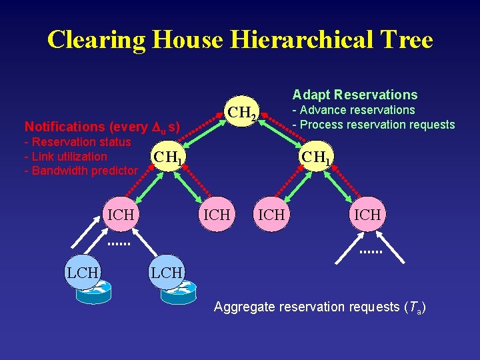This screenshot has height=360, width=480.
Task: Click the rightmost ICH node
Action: pos(367,215)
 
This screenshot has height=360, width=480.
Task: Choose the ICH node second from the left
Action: pos(217,215)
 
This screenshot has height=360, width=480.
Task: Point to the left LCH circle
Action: pos(82,273)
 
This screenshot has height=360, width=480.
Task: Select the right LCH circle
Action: pos(166,273)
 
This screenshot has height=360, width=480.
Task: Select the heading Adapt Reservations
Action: pos(355,95)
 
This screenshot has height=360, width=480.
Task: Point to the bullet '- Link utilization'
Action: pos(65,157)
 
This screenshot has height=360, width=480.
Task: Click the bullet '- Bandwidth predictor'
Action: pos(81,171)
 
